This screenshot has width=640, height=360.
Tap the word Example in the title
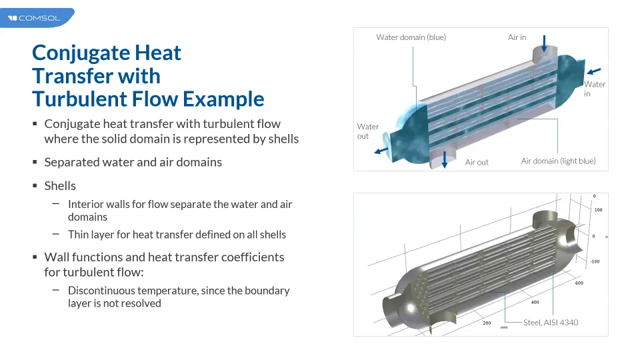click(x=223, y=99)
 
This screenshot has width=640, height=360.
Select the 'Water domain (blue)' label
click(x=411, y=37)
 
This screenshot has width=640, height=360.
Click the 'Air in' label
click(x=517, y=37)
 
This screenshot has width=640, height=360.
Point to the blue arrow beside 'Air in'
click(x=544, y=43)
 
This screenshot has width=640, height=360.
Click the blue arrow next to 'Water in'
click(x=594, y=71)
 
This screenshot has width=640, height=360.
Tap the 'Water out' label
click(x=368, y=131)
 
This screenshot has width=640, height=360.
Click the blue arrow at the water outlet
click(x=381, y=151)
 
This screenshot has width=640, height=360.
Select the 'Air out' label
click(x=477, y=162)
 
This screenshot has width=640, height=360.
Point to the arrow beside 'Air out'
click(x=445, y=159)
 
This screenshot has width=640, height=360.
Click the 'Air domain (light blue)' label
click(x=559, y=161)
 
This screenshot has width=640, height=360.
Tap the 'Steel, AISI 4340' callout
click(x=551, y=323)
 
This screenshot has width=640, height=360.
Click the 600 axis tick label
click(x=579, y=283)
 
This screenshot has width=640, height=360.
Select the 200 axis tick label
click(x=487, y=323)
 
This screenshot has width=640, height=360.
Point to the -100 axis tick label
click(x=595, y=261)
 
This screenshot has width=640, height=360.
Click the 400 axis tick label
click(x=535, y=302)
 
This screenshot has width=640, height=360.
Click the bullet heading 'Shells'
click(x=60, y=186)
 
